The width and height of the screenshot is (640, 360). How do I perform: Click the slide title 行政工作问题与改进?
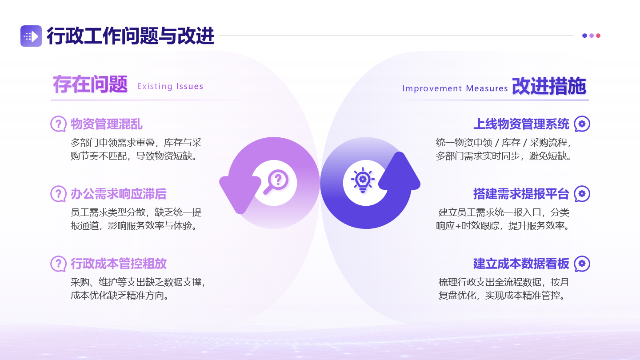(131, 36)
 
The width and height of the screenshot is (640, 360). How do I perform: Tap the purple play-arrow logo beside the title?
(31, 36)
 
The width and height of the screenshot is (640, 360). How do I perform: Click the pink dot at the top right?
(598, 36)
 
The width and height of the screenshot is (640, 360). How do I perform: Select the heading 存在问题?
(90, 84)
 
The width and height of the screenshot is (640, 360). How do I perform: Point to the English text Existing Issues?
(170, 86)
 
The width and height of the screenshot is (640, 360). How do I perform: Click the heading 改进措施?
(549, 86)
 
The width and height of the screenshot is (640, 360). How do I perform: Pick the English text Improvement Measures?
(455, 88)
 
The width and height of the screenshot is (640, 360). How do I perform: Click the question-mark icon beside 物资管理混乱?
(58, 124)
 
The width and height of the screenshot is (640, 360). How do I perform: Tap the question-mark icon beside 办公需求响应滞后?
(58, 194)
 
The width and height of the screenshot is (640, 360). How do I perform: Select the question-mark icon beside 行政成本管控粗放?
(58, 264)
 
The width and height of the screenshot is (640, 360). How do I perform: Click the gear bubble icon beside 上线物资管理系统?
(582, 124)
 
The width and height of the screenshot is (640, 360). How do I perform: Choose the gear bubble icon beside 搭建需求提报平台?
(582, 194)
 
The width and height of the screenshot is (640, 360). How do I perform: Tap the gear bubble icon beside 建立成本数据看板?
(582, 264)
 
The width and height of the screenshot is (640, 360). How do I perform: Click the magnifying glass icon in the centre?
(275, 182)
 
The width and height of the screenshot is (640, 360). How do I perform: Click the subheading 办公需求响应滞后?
(119, 194)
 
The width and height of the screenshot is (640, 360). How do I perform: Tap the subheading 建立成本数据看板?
(521, 264)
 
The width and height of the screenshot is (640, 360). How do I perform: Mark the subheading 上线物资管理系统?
(521, 124)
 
